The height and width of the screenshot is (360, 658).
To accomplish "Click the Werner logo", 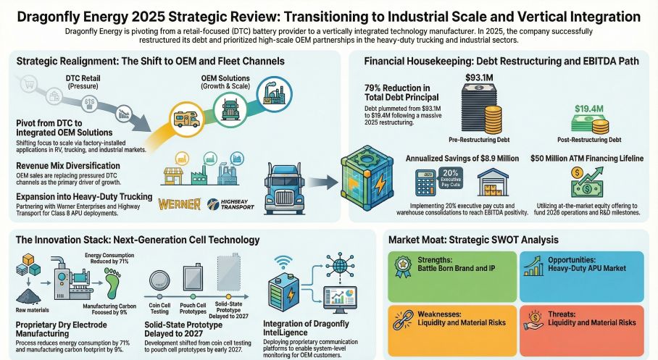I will [x=178, y=203].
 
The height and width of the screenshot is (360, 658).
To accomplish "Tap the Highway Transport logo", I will [x=230, y=204].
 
